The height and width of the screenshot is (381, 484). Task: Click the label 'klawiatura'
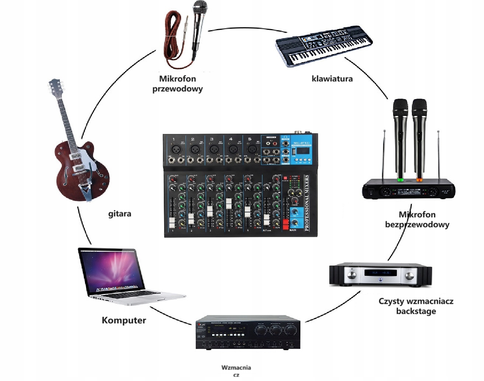pos(332,78)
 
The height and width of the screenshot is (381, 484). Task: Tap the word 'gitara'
pos(120,214)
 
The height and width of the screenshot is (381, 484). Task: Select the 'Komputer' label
pos(124,320)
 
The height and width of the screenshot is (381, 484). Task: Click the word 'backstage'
pos(416,311)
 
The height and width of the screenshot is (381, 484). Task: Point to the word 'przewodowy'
pos(177,89)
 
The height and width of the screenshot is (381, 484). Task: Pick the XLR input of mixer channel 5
pos(251,149)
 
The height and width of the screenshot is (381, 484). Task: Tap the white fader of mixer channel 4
pos(229,204)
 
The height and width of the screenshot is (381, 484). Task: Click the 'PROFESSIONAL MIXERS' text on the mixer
pos(307,203)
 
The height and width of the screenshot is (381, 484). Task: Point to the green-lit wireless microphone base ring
pos(400,180)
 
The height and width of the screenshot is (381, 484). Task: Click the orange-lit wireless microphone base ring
pos(419,180)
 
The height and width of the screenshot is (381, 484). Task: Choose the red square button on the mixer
pos(285,178)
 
